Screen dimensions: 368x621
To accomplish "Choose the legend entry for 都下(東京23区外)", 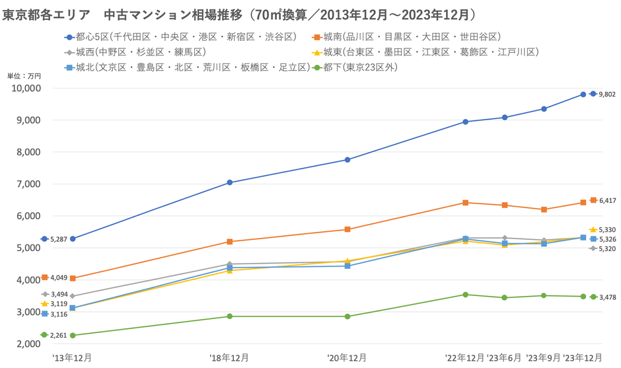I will pos(357,67).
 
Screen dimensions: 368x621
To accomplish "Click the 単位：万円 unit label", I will pos(24,76).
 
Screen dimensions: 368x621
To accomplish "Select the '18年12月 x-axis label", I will pos(229,357).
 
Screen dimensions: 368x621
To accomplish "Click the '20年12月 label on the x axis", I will pos(347,357).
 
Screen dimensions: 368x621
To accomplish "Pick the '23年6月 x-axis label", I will pos(505,357).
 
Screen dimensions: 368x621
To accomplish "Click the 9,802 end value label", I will pos(607,94).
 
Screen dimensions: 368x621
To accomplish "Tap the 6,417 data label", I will pos(607,200).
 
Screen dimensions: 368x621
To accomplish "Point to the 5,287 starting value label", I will pos(58,239).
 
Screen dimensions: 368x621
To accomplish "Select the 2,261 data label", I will pos(58,335).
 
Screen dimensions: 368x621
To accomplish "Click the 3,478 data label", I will pos(607,297).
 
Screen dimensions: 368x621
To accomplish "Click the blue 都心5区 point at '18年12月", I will pos(229,182).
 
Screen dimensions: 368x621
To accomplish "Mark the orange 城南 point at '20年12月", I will pos(347,229).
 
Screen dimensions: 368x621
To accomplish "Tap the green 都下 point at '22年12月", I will pos(466,295).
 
